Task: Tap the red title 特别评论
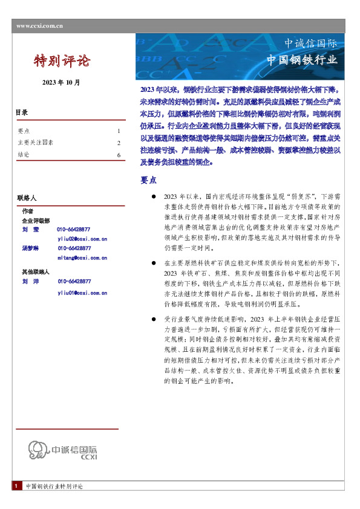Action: [x=62, y=60]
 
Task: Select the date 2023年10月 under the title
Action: [x=61, y=82]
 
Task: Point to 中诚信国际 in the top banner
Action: [x=311, y=44]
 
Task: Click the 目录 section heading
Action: [x=22, y=112]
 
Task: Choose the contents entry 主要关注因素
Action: [x=36, y=143]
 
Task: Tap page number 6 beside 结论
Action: [x=119, y=155]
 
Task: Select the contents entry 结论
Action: [x=24, y=155]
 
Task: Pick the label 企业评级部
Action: [x=36, y=221]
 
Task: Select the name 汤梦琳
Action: [x=31, y=248]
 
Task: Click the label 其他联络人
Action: [x=36, y=272]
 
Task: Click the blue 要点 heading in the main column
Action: [x=148, y=180]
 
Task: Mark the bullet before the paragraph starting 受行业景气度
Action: [x=154, y=318]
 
